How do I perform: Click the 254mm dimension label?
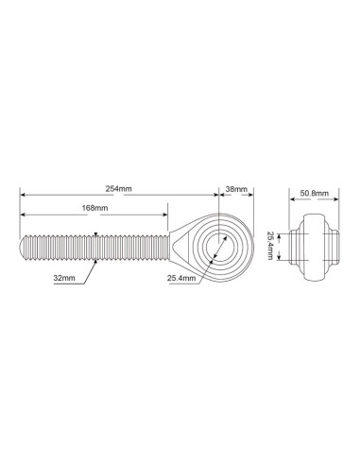[x=118, y=189]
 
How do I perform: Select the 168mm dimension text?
[x=94, y=208]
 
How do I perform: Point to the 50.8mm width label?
[x=314, y=193]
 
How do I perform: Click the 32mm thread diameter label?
[x=64, y=278]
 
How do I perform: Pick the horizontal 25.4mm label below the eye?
[x=181, y=278]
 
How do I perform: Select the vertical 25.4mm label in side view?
[x=270, y=246]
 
